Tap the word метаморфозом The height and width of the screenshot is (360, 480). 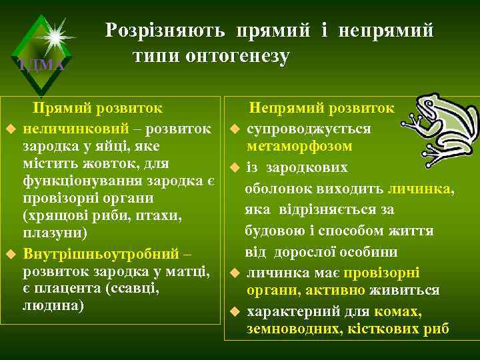coord(299,145)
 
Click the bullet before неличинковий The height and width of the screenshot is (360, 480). coord(10,128)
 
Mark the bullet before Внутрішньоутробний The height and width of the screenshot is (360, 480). coord(10,255)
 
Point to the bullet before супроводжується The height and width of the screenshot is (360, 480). coord(234,128)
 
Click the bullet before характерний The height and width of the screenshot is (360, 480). coord(234,312)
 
